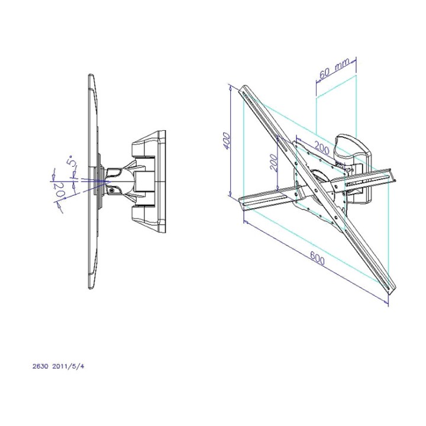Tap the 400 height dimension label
(227, 140)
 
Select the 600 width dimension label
(317, 258)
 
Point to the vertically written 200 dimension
(275, 163)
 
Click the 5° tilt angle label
(70, 161)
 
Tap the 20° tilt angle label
(60, 191)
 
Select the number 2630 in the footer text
(40, 366)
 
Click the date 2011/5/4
(68, 366)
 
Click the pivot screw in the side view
(112, 191)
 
